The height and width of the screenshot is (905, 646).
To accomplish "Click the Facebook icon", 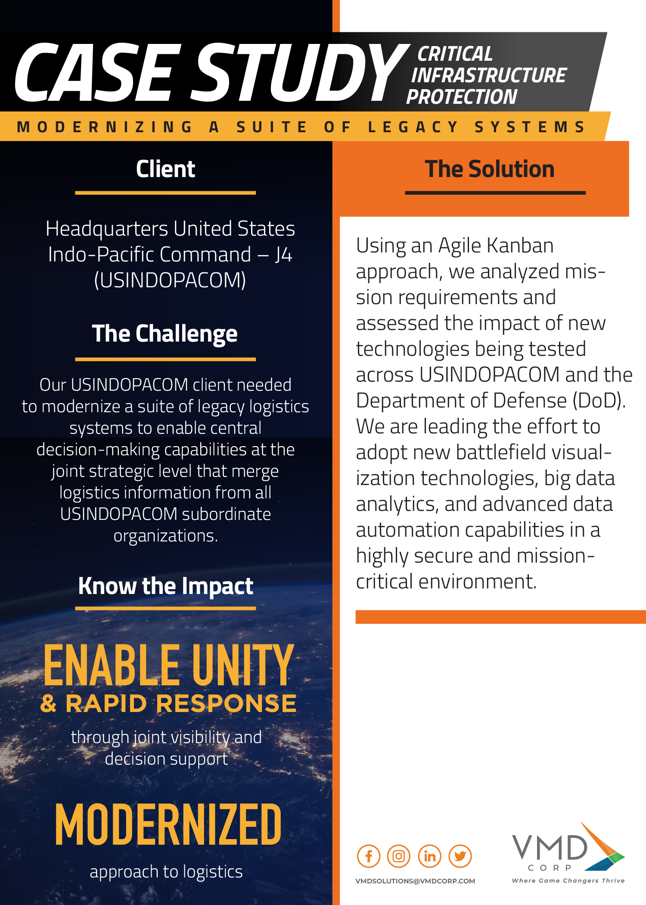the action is [369, 856].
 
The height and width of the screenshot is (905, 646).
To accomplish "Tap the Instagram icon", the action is [399, 856].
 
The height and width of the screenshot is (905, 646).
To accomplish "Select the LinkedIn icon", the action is [429, 856].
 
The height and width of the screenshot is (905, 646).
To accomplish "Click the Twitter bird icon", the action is [460, 856].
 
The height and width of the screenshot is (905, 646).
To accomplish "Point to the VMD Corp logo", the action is [568, 853].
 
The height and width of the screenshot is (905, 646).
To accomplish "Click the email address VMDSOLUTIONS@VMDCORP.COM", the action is [415, 881].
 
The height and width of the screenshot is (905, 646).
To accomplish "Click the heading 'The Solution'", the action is [490, 169].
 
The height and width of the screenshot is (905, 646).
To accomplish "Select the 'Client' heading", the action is [165, 169].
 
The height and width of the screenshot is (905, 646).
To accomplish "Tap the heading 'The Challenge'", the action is [165, 334].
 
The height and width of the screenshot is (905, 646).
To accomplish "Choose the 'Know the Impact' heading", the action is [166, 586].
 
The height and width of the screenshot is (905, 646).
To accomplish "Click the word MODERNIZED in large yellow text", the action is [168, 824].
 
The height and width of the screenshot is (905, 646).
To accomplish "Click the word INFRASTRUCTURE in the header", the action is [489, 75].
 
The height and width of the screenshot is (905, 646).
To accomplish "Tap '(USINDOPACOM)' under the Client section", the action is [170, 280].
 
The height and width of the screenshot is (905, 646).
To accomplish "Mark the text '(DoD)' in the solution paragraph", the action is [599, 401].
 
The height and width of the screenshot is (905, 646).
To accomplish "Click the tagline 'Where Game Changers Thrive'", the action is [568, 881].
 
